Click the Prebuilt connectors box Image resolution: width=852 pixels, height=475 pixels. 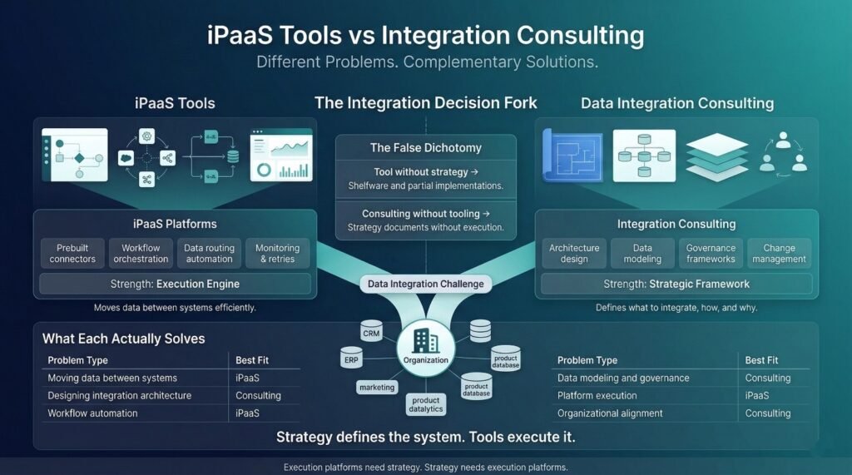pos(73,253)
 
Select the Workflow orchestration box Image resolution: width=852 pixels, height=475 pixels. pos(141,253)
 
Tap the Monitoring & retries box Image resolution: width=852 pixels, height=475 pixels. pos(277,253)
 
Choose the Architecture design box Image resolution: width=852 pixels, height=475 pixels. pos(574,253)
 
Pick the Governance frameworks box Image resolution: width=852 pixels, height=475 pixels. pos(710,253)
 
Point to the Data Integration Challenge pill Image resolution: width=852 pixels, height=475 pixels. pos(426,284)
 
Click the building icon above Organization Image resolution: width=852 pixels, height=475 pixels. pos(425,339)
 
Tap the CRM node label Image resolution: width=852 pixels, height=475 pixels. pos(371,334)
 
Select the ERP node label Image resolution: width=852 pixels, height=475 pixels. pos(350,362)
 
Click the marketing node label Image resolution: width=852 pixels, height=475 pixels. pos(377,387)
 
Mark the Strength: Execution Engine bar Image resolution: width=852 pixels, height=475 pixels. pos(174,284)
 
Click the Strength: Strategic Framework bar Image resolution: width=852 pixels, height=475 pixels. pos(675,284)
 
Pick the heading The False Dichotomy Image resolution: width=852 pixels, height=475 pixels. pos(425,148)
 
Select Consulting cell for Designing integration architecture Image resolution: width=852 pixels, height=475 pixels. pos(258,396)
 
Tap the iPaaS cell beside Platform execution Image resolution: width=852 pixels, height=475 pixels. pos(757,396)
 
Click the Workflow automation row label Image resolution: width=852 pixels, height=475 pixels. pos(92,413)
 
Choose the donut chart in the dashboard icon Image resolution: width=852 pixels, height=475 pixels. pos(264,170)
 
